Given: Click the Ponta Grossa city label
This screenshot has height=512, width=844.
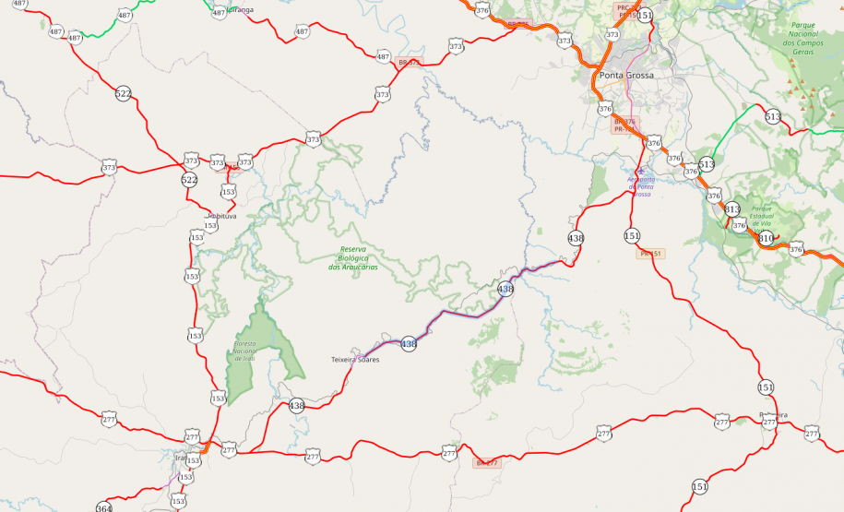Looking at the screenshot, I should pos(626,75).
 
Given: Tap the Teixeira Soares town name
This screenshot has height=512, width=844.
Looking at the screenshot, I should pos(355,359).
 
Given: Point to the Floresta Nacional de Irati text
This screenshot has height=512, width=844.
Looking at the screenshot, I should pos(244,350).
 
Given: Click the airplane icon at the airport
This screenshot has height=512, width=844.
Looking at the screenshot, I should pos(640,172).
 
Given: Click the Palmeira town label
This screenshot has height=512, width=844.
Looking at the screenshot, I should pos(773,415).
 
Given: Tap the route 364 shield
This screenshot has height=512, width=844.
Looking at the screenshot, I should pos(104,507).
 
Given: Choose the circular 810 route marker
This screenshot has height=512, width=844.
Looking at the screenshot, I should pos(766,239).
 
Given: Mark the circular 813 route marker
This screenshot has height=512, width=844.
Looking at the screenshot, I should pos(731,209).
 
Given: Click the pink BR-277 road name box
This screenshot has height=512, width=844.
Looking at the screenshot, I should pos(486,462).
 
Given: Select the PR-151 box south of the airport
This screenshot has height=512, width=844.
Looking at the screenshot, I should pos(651,253).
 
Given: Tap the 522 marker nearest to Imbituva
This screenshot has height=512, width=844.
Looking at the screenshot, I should pos(189,179).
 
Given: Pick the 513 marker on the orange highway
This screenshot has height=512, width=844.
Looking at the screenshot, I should pos(707,164).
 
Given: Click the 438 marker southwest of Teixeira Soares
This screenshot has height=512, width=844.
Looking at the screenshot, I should pos(296,405).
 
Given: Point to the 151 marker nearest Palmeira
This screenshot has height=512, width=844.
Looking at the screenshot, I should pos(766,387).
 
